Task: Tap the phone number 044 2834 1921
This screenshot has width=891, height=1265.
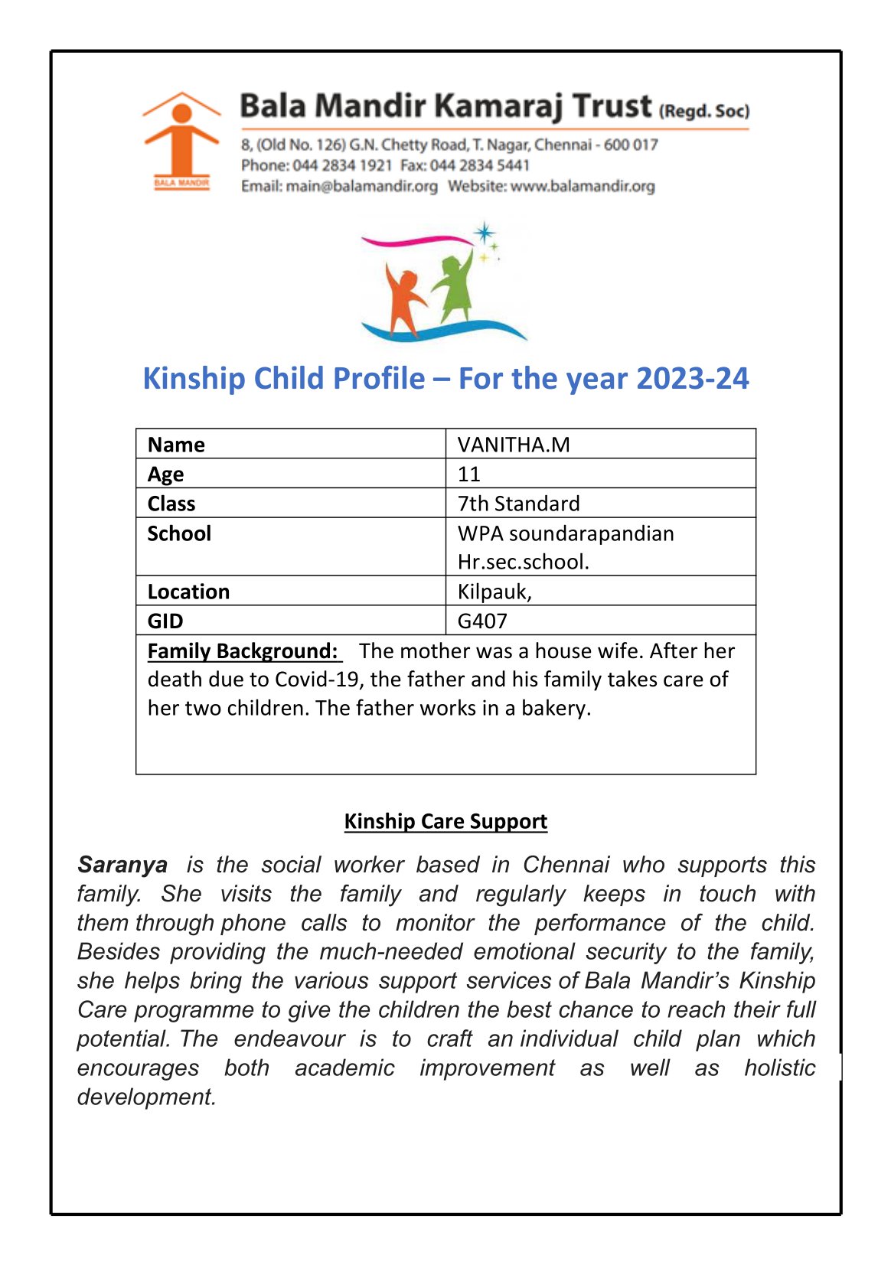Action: pyautogui.click(x=342, y=165)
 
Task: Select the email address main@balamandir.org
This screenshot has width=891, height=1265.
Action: pyautogui.click(x=361, y=186)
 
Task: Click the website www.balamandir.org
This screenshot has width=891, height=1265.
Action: pyautogui.click(x=583, y=186)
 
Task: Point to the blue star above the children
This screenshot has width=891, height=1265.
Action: pyautogui.click(x=484, y=233)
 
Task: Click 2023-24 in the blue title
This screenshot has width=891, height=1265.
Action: pyautogui.click(x=692, y=379)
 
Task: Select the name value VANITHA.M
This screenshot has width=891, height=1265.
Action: pyautogui.click(x=514, y=445)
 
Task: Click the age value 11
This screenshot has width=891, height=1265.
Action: pyautogui.click(x=468, y=474)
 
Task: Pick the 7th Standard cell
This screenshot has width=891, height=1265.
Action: pyautogui.click(x=518, y=504)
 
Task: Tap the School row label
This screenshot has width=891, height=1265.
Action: pyautogui.click(x=179, y=533)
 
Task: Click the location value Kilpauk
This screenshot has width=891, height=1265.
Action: pyautogui.click(x=494, y=592)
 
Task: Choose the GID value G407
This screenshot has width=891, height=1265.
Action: pyautogui.click(x=482, y=621)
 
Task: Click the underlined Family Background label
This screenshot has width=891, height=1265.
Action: pyautogui.click(x=243, y=651)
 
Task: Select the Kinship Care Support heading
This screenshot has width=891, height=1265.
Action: pyautogui.click(x=445, y=821)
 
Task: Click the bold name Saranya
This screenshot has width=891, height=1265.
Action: pyautogui.click(x=122, y=865)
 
